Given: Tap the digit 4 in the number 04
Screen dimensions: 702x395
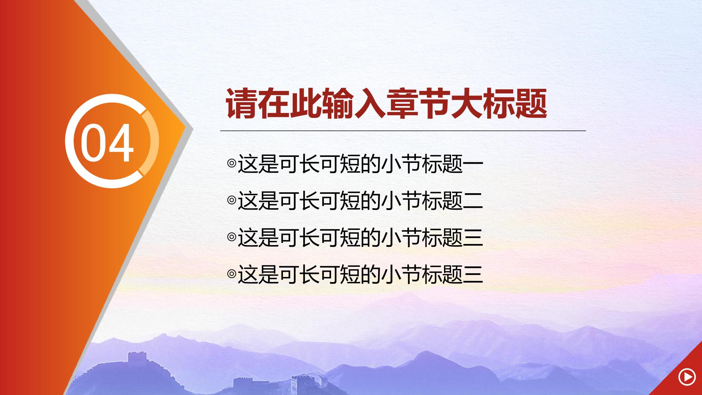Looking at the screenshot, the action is (120, 142).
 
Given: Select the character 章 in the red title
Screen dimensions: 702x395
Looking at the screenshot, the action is (402, 104).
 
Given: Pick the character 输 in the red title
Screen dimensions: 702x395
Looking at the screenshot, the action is (338, 104).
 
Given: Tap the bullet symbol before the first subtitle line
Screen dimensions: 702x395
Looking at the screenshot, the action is (232, 163).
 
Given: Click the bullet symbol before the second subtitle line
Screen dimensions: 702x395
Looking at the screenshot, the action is (232, 200).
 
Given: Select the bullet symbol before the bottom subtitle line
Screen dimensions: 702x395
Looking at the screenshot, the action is (232, 274).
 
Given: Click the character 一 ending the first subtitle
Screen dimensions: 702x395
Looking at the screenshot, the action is (473, 164).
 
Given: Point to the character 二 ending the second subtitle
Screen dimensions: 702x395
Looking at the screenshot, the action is (473, 200).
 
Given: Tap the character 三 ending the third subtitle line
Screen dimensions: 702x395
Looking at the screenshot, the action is (473, 237).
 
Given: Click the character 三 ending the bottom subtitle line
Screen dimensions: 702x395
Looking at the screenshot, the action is (473, 274).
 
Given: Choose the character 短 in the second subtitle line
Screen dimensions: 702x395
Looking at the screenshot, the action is (351, 200).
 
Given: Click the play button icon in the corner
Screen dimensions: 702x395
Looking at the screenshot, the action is (687, 377).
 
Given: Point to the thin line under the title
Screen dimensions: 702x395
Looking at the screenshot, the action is (403, 131).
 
